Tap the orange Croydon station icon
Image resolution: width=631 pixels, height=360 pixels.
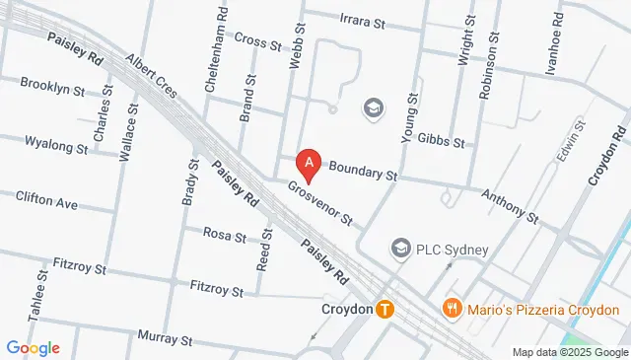(x=386, y=309)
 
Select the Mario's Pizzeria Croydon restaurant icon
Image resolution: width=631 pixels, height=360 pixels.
(x=453, y=309)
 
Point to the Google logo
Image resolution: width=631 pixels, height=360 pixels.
(x=33, y=347)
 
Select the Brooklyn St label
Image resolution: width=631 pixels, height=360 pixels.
(x=52, y=88)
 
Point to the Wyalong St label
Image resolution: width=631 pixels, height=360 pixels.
(x=55, y=146)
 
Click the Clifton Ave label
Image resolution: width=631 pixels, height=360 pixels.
(x=46, y=200)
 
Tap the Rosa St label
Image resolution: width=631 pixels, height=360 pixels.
(x=224, y=235)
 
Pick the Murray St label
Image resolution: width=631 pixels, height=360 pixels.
(x=164, y=340)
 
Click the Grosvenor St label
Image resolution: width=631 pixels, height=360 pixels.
(x=320, y=200)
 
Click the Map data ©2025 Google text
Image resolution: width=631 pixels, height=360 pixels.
(x=570, y=352)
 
